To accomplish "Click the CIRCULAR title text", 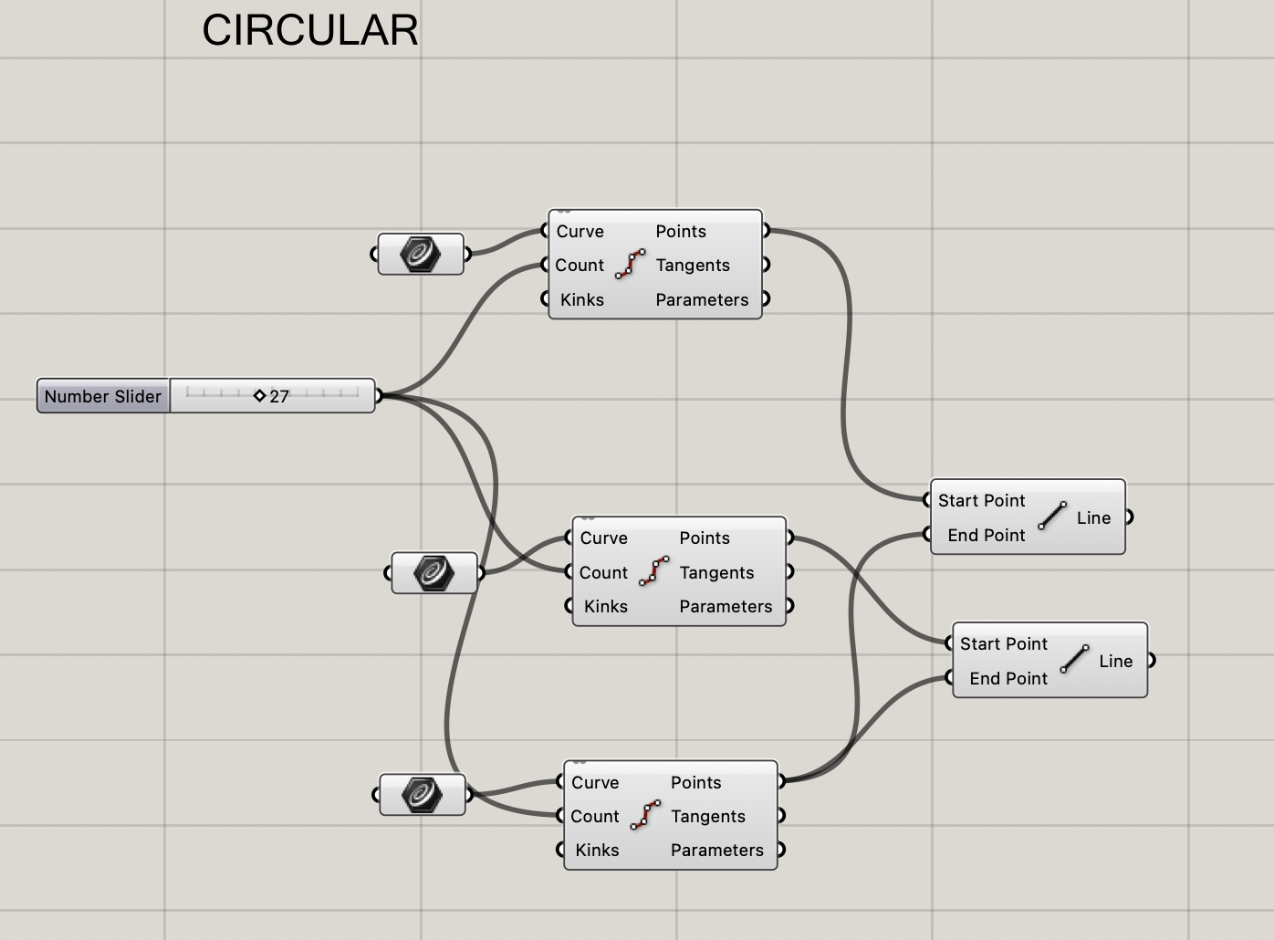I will click(x=310, y=30).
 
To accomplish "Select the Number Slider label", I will click(x=103, y=396).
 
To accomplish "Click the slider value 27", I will click(x=279, y=396).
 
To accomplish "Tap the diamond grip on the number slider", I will click(x=259, y=395).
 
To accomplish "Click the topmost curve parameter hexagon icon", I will click(x=420, y=254).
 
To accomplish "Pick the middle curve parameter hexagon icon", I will click(x=433, y=572).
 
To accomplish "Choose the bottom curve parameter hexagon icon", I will click(x=422, y=794).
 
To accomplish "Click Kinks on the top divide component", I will click(x=582, y=299).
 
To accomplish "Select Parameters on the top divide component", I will click(x=702, y=299).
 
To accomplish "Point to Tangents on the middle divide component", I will click(x=716, y=572).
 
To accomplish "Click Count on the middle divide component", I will click(x=603, y=572).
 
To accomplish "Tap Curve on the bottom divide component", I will click(x=595, y=782).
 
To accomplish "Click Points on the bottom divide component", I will click(x=695, y=782).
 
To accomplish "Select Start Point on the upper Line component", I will click(x=981, y=500).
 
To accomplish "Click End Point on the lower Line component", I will click(x=1008, y=678).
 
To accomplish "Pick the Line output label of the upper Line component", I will click(x=1093, y=517).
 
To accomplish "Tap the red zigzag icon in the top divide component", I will click(x=630, y=264).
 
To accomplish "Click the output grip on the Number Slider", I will click(x=379, y=395).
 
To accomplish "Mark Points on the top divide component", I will click(x=681, y=231).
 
